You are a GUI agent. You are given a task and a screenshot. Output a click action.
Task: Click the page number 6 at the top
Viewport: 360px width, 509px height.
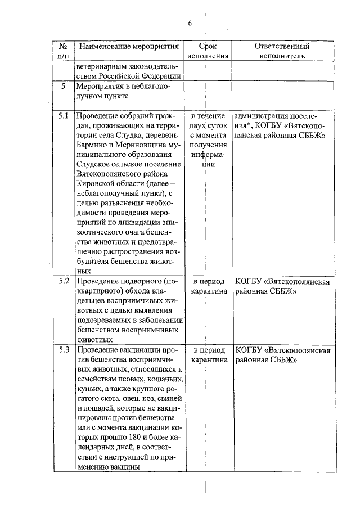pyautogui.click(x=190, y=23)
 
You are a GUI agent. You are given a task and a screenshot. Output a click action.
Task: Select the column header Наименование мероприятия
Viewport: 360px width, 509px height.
pyautogui.click(x=129, y=46)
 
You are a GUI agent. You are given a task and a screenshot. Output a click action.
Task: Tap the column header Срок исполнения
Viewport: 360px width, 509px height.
pyautogui.click(x=208, y=51)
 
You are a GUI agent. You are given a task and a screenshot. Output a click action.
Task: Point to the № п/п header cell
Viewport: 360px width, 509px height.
pyautogui.click(x=64, y=51)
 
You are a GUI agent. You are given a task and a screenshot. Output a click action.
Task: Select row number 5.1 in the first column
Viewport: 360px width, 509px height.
pyautogui.click(x=64, y=116)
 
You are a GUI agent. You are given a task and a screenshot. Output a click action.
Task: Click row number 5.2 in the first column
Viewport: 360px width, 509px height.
pyautogui.click(x=64, y=281)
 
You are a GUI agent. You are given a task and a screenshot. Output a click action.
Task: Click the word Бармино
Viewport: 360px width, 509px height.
pyautogui.click(x=93, y=146)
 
